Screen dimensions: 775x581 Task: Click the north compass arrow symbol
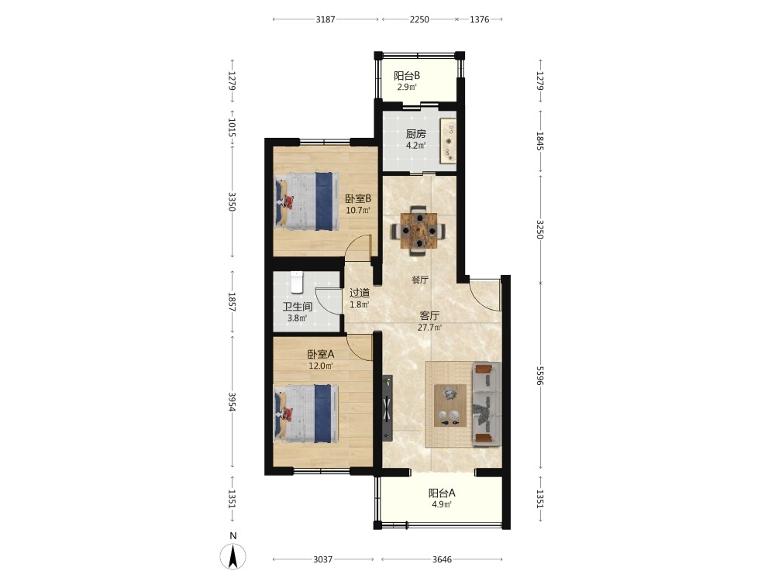pos(232,556)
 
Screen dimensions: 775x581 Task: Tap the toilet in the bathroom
pos(296,282)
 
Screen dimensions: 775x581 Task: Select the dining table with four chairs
pos(418,231)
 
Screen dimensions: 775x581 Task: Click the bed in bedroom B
pos(306,201)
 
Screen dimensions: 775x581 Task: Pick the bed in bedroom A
pos(306,414)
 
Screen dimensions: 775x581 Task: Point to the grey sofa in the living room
pos(487,404)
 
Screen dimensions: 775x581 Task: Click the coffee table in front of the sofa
pos(450,405)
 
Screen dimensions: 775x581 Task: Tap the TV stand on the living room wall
pos(387,408)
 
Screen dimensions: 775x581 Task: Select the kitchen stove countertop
pos(448,141)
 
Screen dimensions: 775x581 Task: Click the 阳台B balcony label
pos(407,76)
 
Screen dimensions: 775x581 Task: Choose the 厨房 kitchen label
pos(415,133)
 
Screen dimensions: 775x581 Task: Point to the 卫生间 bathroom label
pos(297,307)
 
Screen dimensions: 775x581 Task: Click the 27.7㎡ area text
pos(429,327)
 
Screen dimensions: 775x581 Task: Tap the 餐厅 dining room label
pos(419,280)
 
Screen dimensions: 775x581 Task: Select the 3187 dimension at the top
pos(325,19)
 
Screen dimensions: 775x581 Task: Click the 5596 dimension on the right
pos(539,376)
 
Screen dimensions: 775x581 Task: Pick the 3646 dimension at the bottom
pos(442,559)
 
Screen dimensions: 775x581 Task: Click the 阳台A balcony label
pos(442,493)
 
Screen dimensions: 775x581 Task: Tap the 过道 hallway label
pos(360,293)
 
